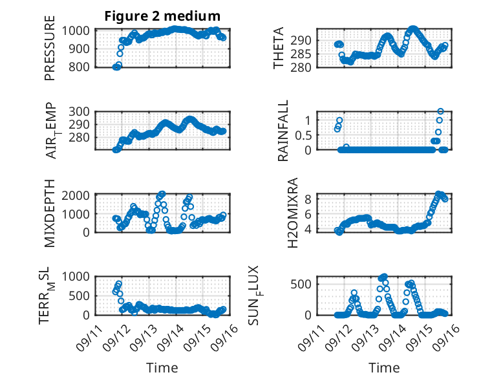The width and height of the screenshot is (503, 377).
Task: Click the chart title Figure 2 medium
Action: coord(162,16)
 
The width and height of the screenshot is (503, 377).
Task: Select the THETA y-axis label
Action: coord(279,49)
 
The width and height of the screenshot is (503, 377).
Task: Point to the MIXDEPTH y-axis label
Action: coord(50,213)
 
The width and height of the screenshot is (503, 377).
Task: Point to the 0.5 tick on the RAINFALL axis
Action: coord(300,135)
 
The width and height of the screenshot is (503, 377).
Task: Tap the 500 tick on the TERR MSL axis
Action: coord(81,296)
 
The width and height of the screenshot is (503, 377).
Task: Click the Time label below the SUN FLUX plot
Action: coord(383,367)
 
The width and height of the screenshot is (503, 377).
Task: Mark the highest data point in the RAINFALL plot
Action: coord(440,111)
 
